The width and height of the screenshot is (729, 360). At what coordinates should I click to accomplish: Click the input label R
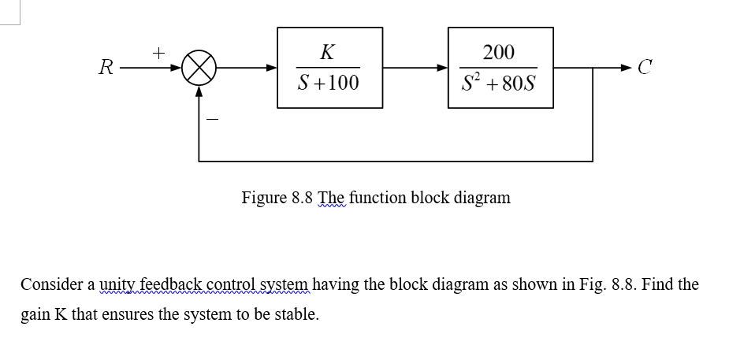point(103,68)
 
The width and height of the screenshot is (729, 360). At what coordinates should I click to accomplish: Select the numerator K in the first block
point(328,53)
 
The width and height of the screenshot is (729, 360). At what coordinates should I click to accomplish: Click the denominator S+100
point(328,82)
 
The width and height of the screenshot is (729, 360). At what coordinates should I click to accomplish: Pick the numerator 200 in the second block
point(499,53)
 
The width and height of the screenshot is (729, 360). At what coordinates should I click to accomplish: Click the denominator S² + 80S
point(499,83)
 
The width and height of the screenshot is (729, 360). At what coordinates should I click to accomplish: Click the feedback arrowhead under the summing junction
point(199,91)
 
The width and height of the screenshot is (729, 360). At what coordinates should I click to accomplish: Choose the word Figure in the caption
point(264,198)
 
